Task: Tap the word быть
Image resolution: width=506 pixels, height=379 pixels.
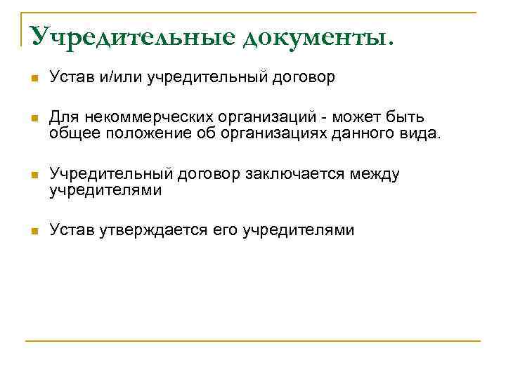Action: (406, 117)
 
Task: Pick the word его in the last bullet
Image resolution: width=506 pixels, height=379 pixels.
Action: (225, 230)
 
